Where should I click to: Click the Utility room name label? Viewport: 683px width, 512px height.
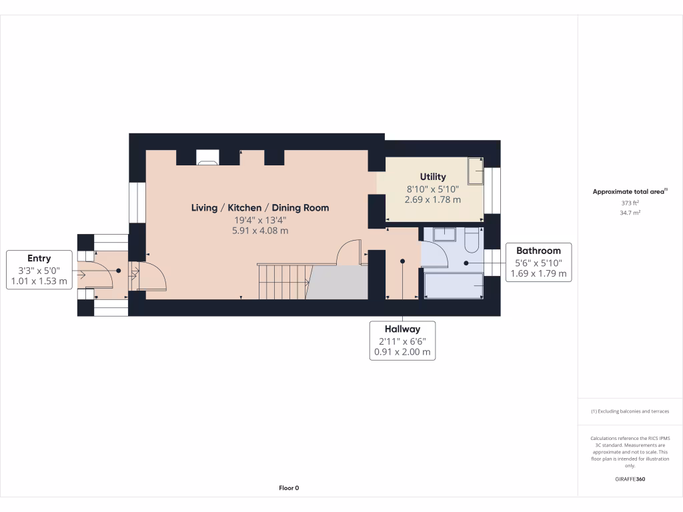point(432,177)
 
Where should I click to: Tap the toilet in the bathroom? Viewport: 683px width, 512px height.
point(471,241)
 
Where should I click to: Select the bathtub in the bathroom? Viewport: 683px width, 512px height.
point(454,285)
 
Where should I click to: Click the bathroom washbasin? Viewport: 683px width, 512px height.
point(444,234)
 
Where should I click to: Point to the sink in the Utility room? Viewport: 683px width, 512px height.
point(476,171)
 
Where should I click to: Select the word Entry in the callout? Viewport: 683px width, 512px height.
point(39,258)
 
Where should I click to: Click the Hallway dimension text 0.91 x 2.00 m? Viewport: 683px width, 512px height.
point(402,352)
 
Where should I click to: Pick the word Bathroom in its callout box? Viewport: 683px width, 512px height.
point(538,251)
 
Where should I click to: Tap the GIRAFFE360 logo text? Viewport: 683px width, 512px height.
point(630,479)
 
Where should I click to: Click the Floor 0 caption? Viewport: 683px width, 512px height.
point(289,488)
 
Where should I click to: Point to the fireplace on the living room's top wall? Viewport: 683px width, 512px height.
point(207,159)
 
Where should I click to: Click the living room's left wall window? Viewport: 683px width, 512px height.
point(137,203)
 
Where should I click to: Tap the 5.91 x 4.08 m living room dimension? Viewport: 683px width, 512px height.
point(260,231)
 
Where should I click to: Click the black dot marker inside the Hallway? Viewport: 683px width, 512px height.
point(402,261)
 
